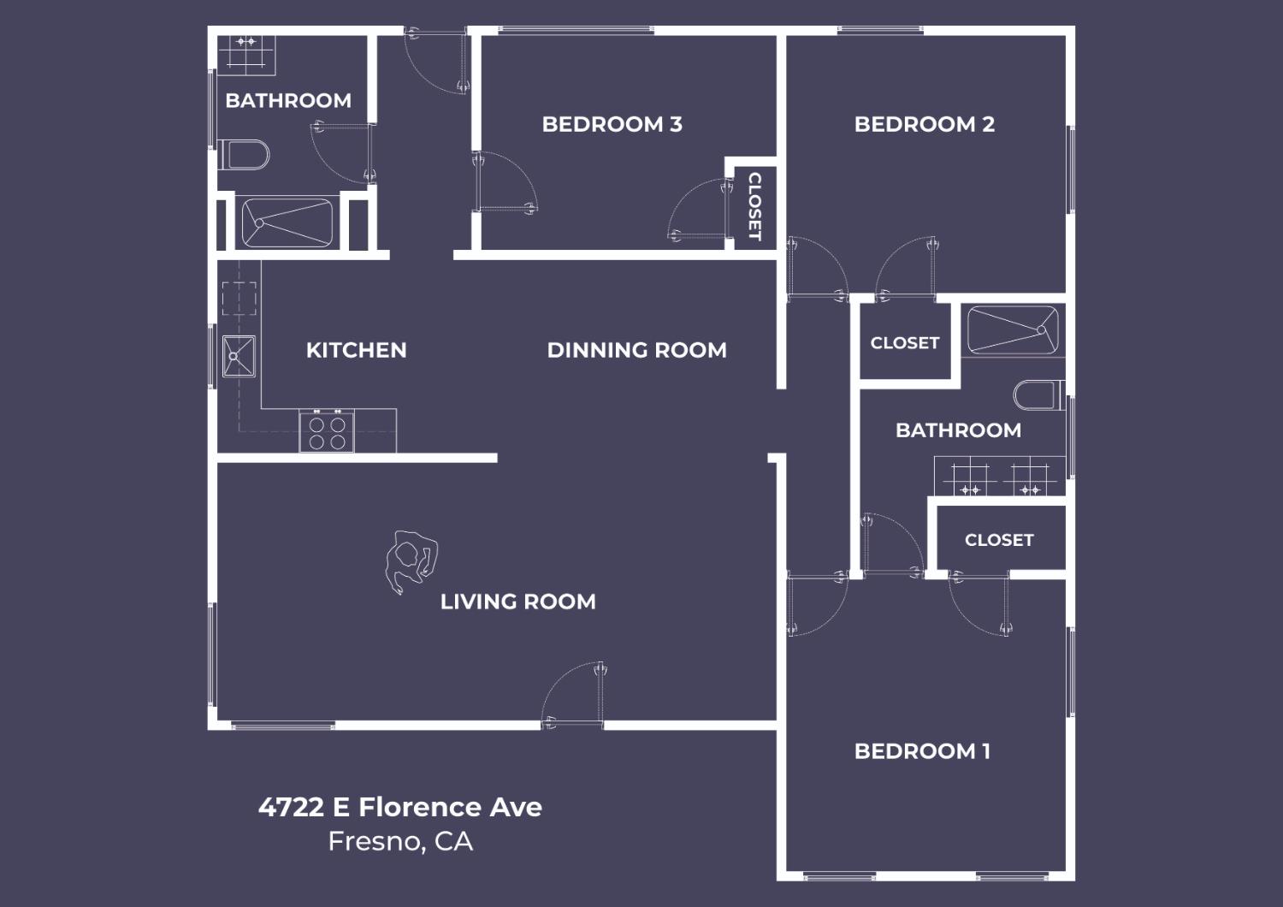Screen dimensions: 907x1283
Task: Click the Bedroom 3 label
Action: point(612,124)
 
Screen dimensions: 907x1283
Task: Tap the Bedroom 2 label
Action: point(924,124)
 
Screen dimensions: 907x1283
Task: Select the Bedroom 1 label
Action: point(922,751)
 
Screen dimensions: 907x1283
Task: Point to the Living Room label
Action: point(517,602)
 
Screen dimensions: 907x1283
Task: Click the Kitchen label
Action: point(356,350)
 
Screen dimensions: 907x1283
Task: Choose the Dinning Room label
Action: point(636,350)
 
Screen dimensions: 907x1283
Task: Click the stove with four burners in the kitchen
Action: point(327,431)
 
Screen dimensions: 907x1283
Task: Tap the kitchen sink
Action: point(239,357)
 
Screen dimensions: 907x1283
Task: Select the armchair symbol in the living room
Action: point(411,560)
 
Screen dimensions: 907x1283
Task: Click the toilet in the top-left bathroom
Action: point(245,155)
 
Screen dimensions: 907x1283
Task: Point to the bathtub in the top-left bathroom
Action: point(287,223)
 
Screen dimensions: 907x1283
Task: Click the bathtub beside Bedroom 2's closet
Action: point(1012,330)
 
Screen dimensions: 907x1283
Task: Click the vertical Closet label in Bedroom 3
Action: point(754,206)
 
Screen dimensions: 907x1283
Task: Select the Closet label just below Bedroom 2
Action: point(904,343)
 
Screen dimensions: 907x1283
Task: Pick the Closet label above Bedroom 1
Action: point(998,540)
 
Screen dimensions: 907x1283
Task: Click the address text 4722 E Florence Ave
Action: point(399,807)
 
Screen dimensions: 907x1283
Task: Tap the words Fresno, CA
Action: point(399,842)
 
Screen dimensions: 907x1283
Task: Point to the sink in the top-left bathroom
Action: point(246,52)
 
